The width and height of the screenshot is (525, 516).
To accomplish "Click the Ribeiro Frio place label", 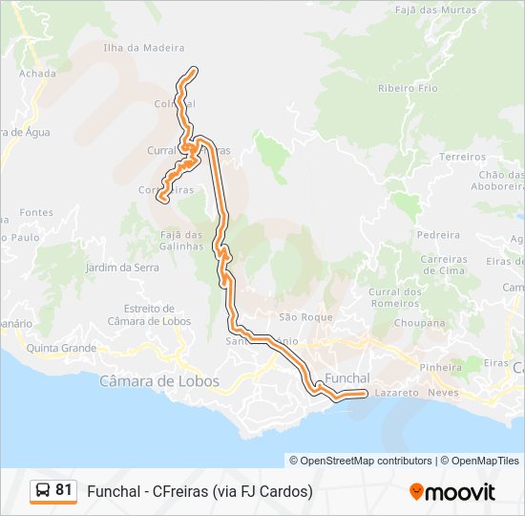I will tap(408, 88).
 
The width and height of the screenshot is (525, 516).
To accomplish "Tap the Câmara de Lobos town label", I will tap(159, 381).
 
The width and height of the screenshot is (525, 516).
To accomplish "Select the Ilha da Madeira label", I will tap(143, 48).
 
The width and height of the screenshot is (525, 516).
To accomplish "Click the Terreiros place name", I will tap(463, 156).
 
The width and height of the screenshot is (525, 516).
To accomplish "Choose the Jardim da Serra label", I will tap(122, 268).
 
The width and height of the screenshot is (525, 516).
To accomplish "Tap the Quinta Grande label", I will tap(62, 348).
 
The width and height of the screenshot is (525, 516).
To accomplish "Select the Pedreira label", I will tap(438, 235).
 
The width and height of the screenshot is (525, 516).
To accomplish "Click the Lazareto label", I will tap(397, 393).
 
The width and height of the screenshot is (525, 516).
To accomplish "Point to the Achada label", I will tap(37, 73).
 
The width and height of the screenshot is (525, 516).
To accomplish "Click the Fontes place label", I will tap(36, 212).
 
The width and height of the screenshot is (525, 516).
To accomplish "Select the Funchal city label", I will tap(347, 378).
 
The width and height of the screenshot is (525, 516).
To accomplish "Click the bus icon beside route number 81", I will tap(43, 491).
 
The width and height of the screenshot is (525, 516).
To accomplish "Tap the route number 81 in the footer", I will tap(64, 490).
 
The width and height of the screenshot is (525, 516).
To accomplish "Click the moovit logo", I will tap(452, 492).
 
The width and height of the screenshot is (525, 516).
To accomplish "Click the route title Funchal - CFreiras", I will tap(199, 491).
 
